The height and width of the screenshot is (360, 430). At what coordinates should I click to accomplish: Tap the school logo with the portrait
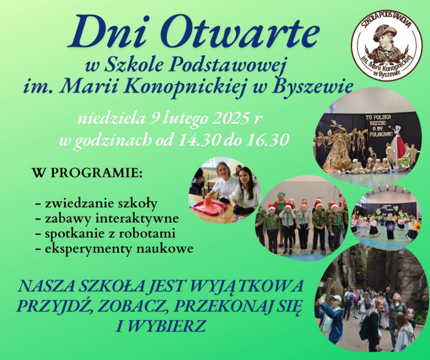click(x=387, y=45)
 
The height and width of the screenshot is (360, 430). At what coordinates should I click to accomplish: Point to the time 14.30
click(x=199, y=140)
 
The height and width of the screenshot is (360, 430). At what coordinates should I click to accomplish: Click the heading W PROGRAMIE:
click(x=87, y=173)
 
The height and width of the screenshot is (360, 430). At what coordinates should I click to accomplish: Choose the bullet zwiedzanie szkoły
click(x=97, y=204)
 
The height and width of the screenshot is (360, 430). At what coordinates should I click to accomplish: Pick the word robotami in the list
click(x=149, y=233)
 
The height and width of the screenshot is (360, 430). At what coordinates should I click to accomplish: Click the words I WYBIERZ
click(x=161, y=326)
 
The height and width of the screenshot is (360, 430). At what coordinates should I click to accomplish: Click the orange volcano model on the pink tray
click(x=207, y=204)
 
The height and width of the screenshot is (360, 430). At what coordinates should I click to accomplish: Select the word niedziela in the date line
click(x=112, y=119)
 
